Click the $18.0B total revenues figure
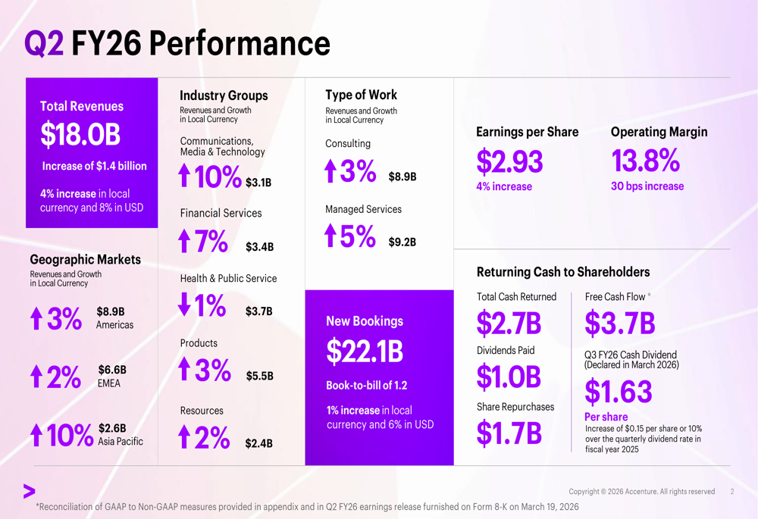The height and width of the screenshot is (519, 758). coord(80,135)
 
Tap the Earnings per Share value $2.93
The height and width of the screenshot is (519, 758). coord(509,161)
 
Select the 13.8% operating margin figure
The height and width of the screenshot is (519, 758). coord(645,161)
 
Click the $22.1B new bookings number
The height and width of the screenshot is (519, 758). coord(365,351)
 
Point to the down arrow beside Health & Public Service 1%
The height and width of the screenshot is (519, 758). coord(184,305)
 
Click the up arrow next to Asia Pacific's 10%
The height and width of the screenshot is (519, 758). coord(36,435)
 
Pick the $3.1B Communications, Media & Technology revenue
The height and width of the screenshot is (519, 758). coord(258,183)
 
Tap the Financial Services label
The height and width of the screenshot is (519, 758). coord(221,213)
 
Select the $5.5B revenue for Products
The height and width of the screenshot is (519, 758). coord(259,376)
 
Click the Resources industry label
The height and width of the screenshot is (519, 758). coord(202,411)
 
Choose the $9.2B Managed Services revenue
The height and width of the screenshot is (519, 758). coord(402,242)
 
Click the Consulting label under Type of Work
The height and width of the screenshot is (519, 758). coord(348,143)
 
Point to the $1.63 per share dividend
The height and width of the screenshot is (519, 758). coord(618,392)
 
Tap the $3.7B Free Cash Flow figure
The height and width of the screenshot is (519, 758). coord(619,324)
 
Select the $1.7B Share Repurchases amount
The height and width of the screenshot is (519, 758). coord(509,433)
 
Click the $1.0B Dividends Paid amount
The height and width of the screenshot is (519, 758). coord(509,377)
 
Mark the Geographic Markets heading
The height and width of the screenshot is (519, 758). coord(85,259)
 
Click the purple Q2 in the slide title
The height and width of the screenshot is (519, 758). coord(44,43)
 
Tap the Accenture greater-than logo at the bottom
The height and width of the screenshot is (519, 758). coord(30,492)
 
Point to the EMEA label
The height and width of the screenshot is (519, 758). coord(109,383)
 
